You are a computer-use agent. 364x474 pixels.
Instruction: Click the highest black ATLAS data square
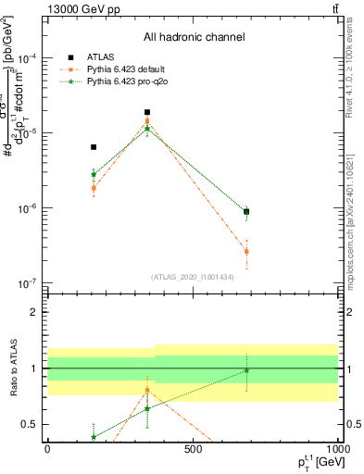point(147,112)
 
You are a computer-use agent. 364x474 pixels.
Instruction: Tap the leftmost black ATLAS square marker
point(94,146)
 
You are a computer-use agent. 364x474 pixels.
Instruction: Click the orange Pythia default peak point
point(147,120)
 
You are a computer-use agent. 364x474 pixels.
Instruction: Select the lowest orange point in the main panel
point(246,251)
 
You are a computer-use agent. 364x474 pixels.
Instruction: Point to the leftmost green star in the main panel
point(94,173)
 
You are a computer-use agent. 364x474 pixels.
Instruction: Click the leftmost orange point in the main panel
point(94,188)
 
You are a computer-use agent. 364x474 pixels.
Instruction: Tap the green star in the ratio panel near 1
point(246,370)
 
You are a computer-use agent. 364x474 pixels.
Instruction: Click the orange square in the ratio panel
point(147,390)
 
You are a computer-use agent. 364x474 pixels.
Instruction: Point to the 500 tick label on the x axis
point(193,448)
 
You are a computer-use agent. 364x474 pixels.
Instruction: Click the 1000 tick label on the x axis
point(336,448)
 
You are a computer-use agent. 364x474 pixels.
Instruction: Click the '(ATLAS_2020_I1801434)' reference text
point(193,277)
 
